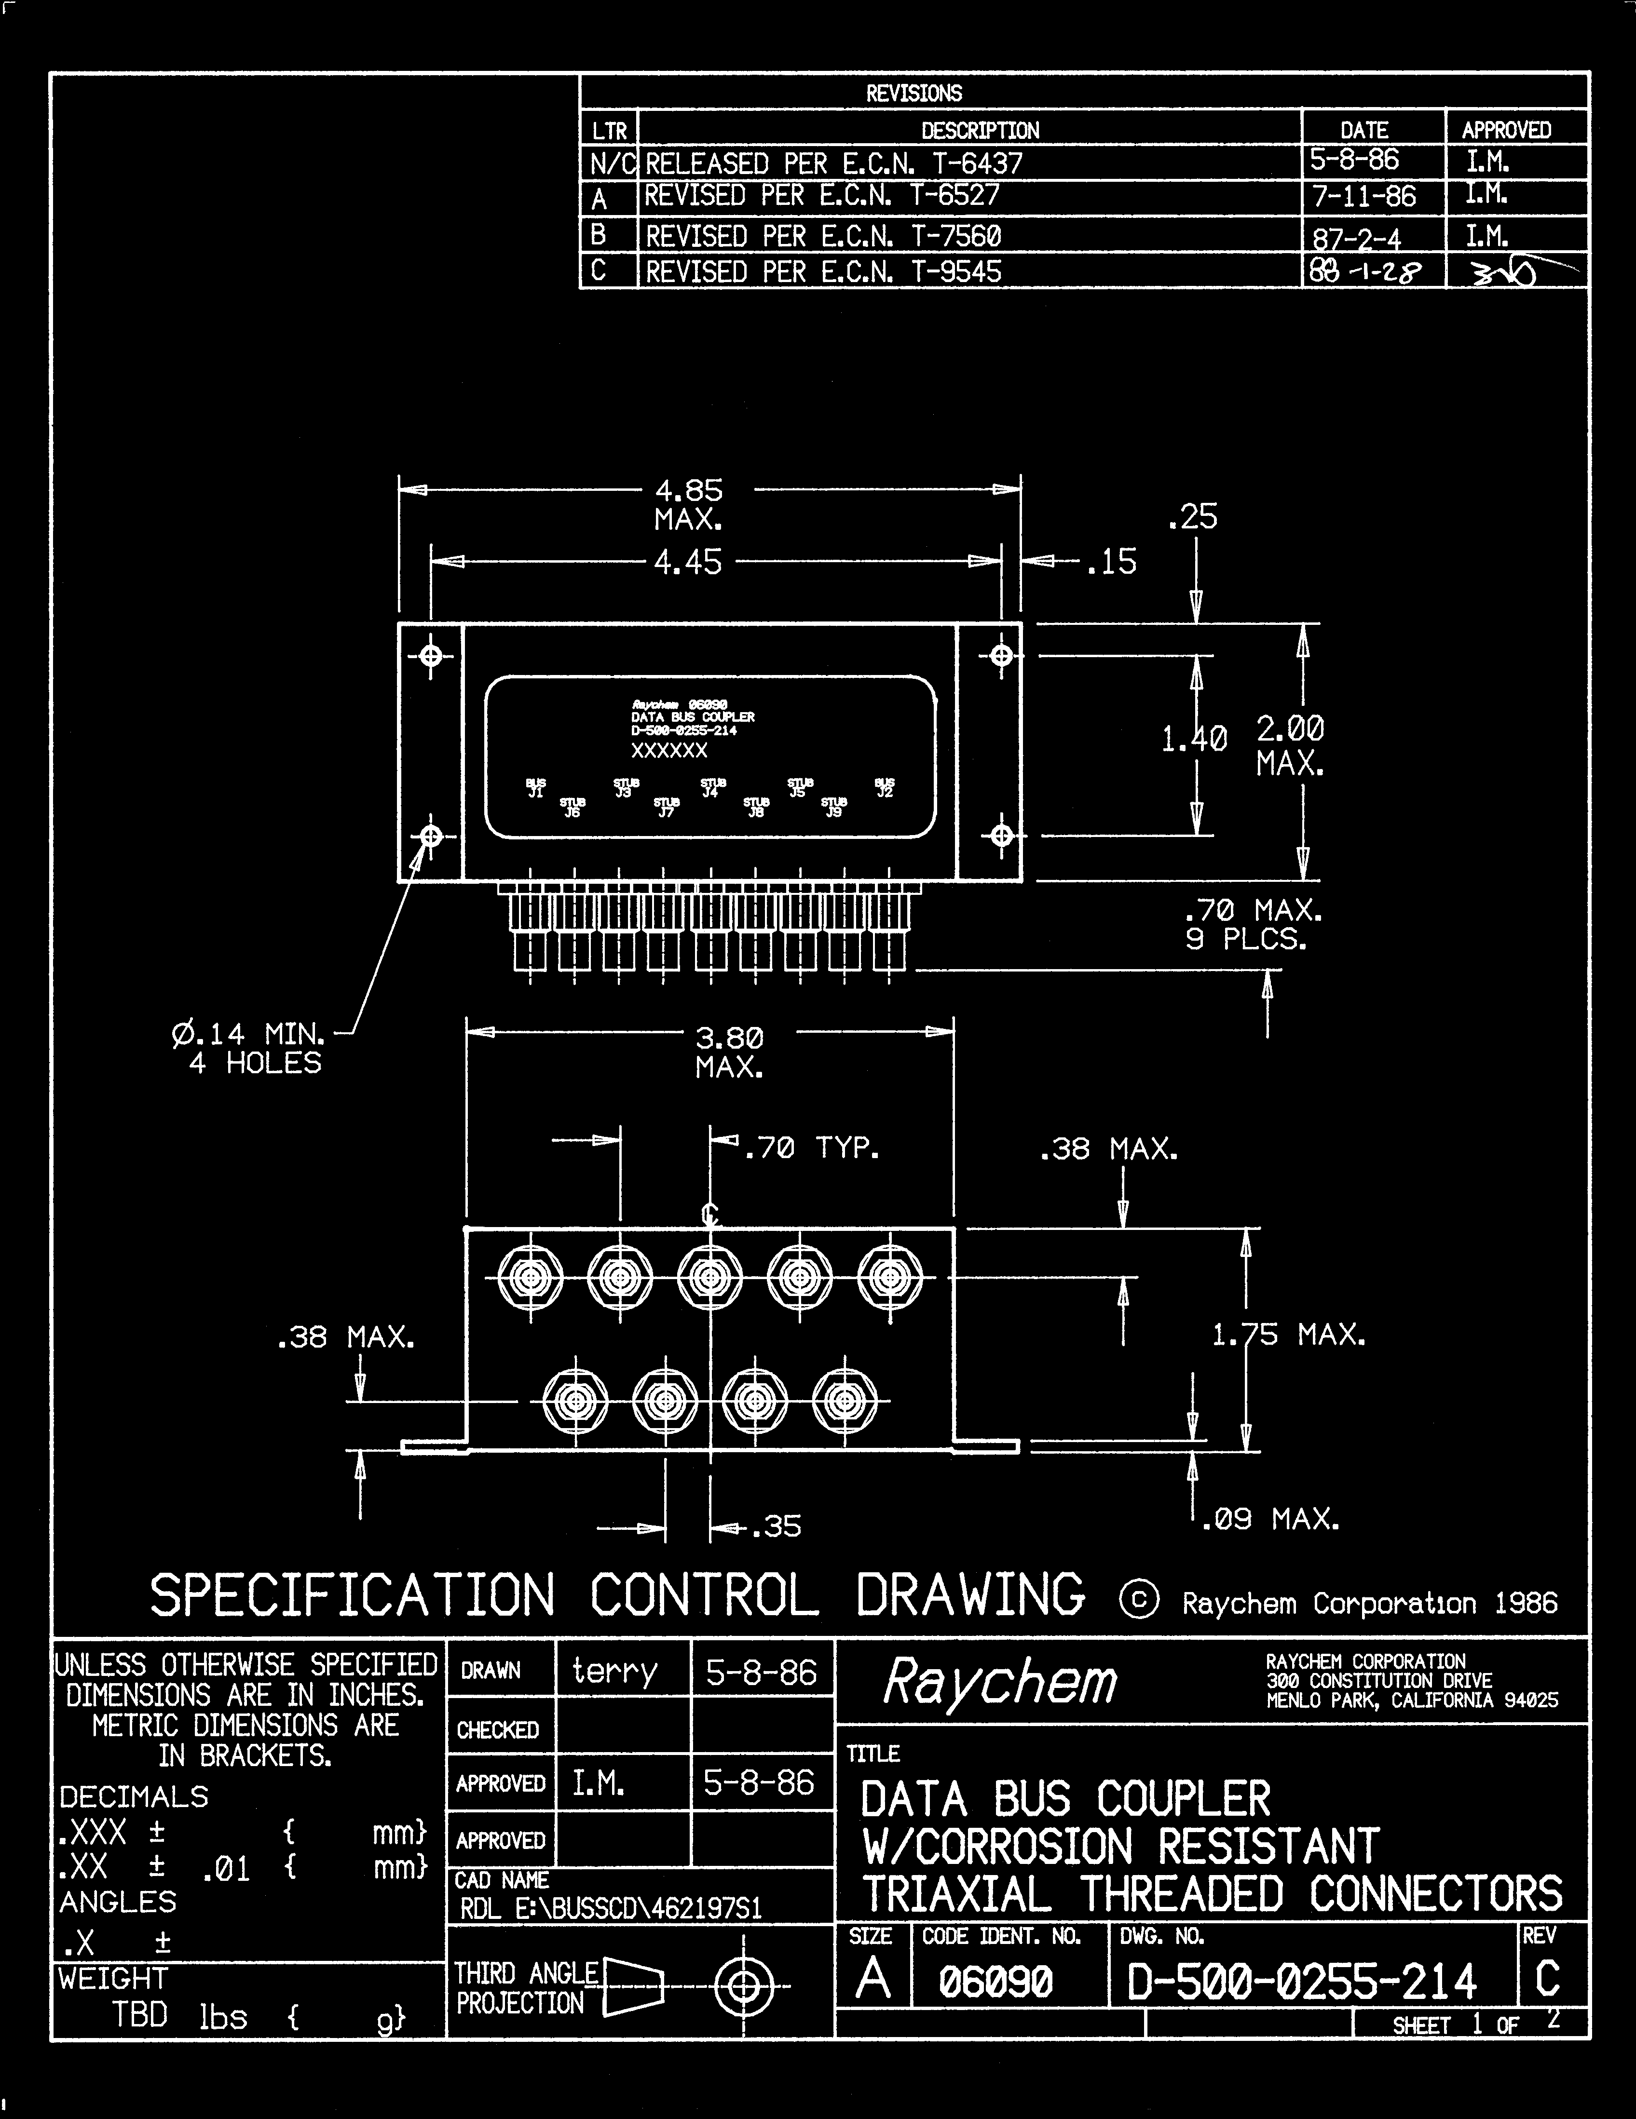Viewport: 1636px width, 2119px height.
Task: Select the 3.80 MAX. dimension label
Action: [729, 1053]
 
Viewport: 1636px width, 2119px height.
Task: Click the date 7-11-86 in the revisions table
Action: [1363, 197]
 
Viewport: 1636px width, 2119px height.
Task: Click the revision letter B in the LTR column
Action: [599, 235]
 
